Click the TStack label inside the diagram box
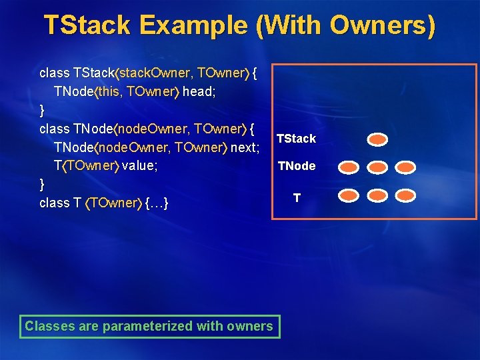coord(296,139)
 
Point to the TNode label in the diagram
coord(297,166)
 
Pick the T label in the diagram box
coord(297,198)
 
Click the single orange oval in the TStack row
coord(377,139)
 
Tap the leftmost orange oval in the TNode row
coord(349,167)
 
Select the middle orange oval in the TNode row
coord(377,167)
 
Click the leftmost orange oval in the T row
coord(349,195)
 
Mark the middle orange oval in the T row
coord(377,195)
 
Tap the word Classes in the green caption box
coord(47,326)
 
